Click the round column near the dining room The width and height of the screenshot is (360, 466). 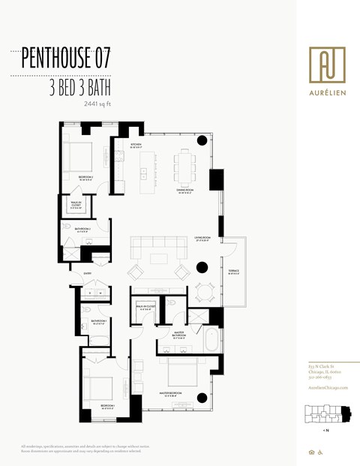tap(202, 140)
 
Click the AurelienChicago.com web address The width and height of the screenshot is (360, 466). tap(328, 386)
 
